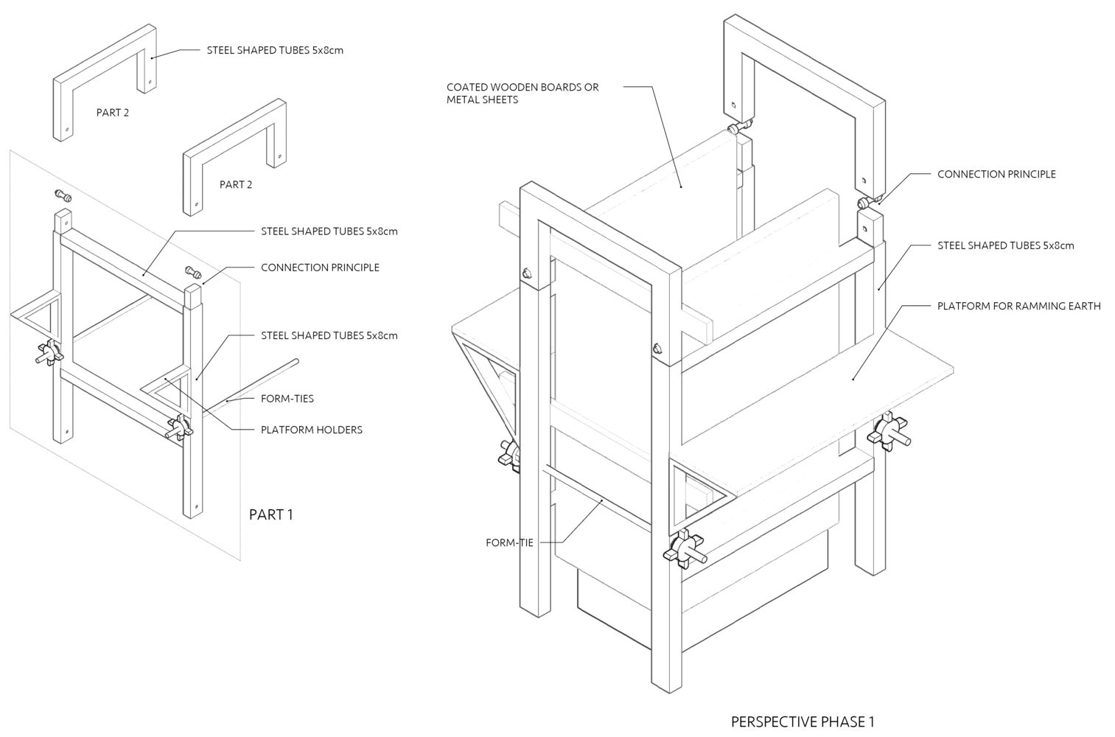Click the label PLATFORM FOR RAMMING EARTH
1018,306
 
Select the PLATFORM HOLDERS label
311,430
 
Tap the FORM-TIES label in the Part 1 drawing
287,399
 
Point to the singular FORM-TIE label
509,543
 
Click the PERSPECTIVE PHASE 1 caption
803,722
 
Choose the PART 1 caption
271,514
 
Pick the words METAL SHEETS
482,99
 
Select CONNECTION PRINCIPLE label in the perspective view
996,175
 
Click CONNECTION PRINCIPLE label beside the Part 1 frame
320,268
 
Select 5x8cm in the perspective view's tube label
1058,245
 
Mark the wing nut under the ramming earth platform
888,433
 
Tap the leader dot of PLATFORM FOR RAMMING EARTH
853,379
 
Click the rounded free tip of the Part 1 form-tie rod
296,361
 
